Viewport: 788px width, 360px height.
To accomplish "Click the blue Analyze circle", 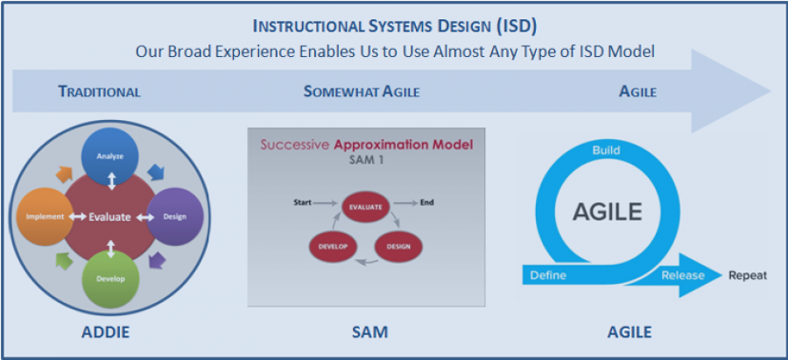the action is click(x=110, y=156).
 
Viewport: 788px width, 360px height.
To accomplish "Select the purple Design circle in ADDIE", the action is click(x=174, y=216).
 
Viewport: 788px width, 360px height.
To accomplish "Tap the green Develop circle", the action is click(x=110, y=278).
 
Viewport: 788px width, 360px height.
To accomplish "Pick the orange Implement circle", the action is click(x=46, y=216).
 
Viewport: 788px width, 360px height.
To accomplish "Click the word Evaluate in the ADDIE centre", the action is click(x=109, y=217).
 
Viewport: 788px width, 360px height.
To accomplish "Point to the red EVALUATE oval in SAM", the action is click(x=365, y=206).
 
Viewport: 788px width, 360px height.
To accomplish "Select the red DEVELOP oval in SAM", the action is click(x=332, y=246).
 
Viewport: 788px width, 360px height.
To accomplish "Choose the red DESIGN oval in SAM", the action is click(x=398, y=246).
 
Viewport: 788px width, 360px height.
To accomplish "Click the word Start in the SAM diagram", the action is click(x=302, y=202).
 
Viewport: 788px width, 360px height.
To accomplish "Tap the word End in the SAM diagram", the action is click(x=426, y=202).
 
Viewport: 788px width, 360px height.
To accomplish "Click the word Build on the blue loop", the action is click(x=606, y=150).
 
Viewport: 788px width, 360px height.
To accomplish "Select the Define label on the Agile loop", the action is click(x=548, y=275).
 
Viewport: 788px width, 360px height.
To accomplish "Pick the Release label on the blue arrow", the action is click(x=682, y=275).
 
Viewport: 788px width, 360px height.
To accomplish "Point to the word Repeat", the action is click(x=748, y=276).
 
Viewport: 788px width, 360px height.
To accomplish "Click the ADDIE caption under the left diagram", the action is click(x=105, y=332).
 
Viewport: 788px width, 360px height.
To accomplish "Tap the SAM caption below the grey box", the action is click(x=369, y=332).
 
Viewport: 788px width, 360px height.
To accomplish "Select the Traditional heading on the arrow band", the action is click(x=100, y=91).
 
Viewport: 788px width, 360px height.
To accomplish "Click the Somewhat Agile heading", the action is click(x=362, y=91).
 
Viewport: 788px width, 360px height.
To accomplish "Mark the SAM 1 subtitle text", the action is click(x=366, y=160).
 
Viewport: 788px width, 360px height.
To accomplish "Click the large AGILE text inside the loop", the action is click(x=607, y=212).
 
